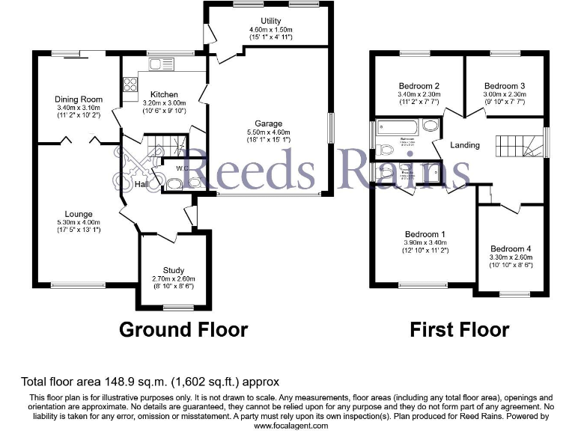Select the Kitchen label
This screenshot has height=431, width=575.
click(163, 94)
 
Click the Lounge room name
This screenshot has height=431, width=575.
click(78, 215)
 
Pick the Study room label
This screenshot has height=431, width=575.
click(174, 270)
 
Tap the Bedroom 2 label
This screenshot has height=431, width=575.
click(419, 86)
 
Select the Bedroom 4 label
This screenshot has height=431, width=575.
click(511, 249)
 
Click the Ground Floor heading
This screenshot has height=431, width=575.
click(183, 329)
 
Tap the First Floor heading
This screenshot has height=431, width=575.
click(460, 329)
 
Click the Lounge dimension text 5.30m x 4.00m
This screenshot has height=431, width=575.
click(78, 222)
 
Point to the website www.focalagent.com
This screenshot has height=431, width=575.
click(291, 425)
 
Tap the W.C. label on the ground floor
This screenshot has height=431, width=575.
click(180, 168)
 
